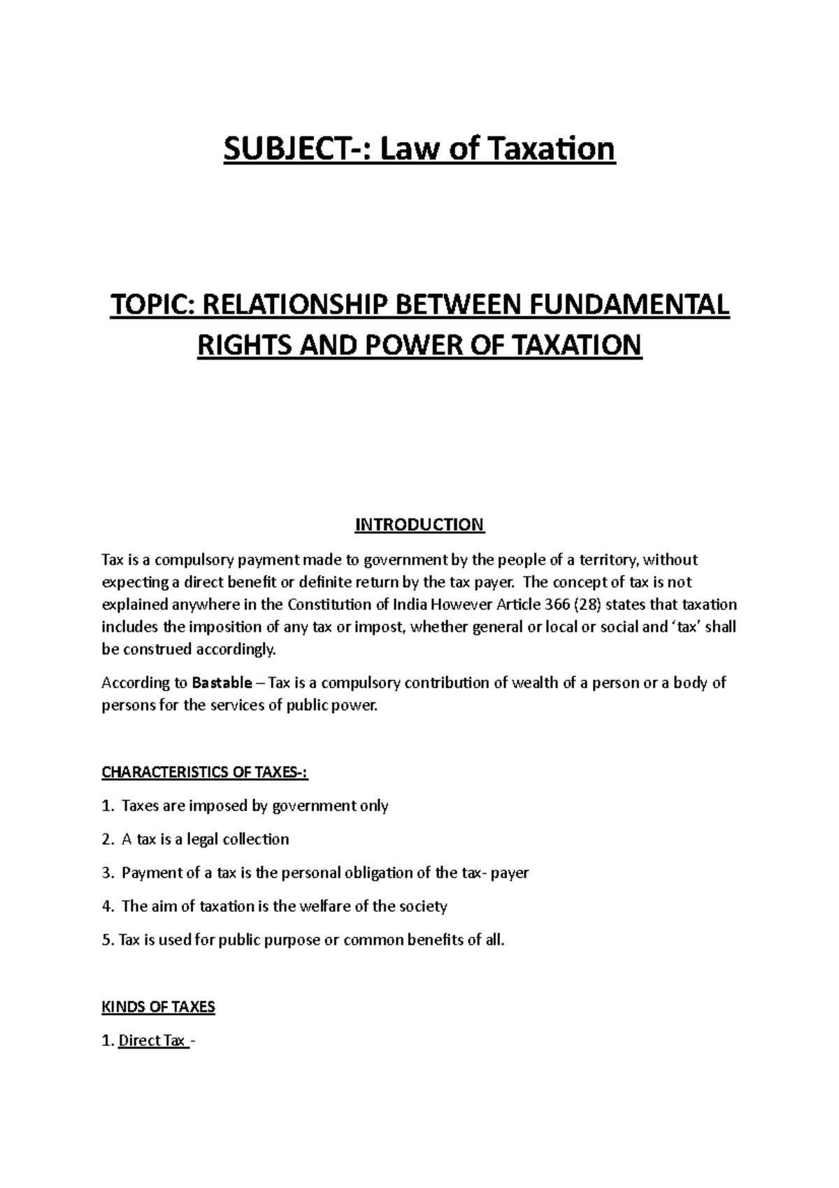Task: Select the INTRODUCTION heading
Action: click(419, 525)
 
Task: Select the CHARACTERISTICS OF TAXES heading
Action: click(205, 772)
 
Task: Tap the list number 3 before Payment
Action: click(106, 873)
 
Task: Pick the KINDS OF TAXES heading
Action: click(158, 1007)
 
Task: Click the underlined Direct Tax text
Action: click(151, 1041)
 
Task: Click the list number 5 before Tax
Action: click(106, 940)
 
